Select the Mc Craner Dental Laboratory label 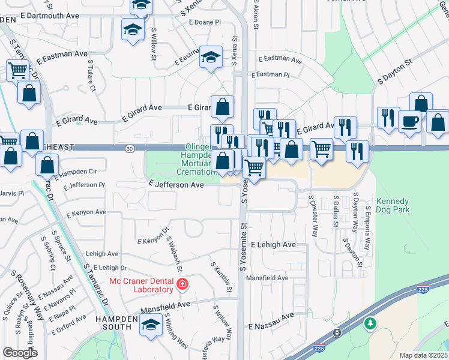[141, 285]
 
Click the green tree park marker [371, 324]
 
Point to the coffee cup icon [409, 121]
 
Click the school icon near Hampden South [151, 326]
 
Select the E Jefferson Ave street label [176, 185]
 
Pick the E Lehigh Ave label [273, 245]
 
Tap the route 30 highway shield [130, 148]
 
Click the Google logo [20, 353]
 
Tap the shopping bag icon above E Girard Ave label [222, 107]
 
